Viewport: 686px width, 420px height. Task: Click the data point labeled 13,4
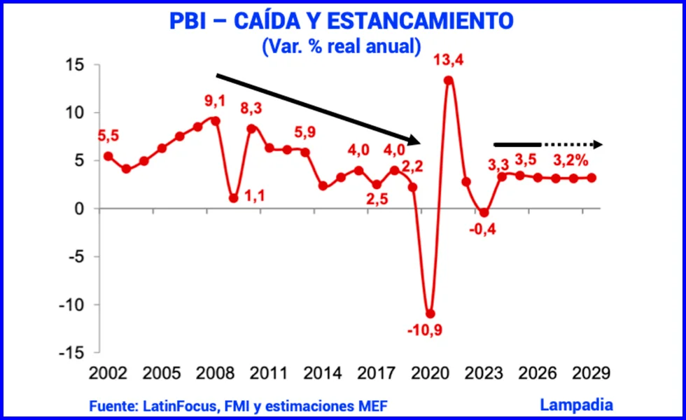(x=449, y=80)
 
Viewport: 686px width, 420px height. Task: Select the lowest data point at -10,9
(x=430, y=314)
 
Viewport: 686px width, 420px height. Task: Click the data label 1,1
(x=254, y=197)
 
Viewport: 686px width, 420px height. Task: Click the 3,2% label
(x=571, y=160)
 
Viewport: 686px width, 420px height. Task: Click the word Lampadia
(x=576, y=404)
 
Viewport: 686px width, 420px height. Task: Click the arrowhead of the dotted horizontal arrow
(x=597, y=144)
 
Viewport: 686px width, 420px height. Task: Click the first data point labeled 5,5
(x=108, y=156)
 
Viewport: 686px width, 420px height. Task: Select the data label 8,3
(x=253, y=110)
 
